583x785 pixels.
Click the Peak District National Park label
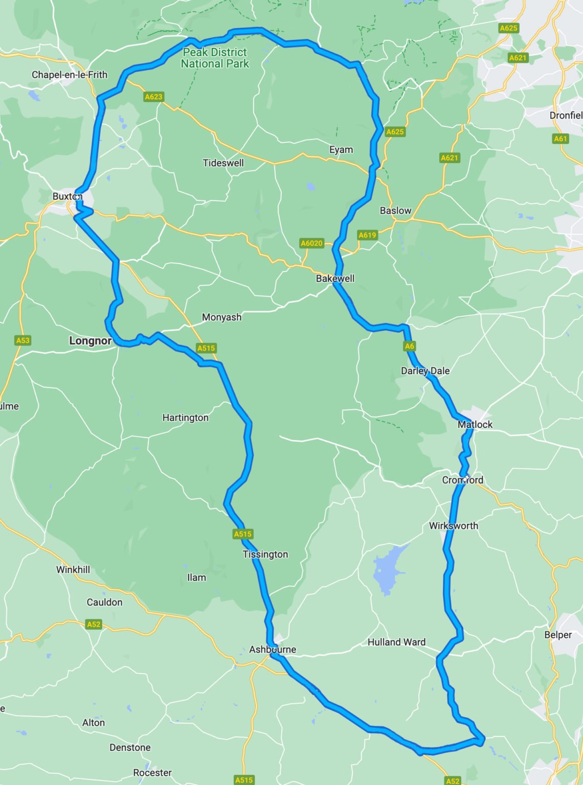point(215,58)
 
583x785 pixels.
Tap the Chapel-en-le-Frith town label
point(70,75)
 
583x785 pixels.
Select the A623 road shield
point(153,97)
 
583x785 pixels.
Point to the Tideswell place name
point(223,163)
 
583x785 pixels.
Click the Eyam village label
point(341,150)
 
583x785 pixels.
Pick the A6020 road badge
point(311,243)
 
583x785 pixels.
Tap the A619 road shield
point(367,235)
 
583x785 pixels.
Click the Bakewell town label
point(335,279)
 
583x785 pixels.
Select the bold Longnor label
point(90,341)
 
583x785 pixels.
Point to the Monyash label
point(221,317)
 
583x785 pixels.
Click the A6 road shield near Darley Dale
point(410,346)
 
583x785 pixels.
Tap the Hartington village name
point(185,418)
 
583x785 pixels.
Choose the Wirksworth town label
point(453,526)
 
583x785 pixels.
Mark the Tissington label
point(265,555)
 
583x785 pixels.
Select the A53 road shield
point(23,340)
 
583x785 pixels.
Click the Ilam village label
point(196,578)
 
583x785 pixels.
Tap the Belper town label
point(557,635)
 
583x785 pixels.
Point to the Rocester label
point(152,773)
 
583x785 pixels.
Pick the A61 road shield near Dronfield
point(560,138)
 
